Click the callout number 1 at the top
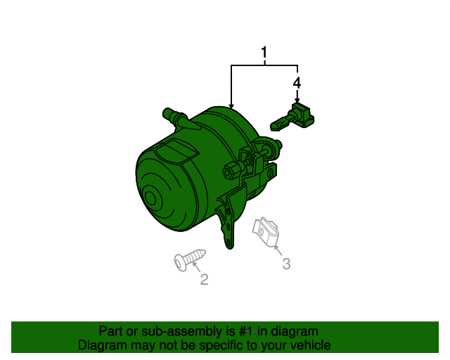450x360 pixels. pos(264,53)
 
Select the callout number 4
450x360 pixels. pos(297,83)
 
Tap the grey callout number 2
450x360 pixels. pos(204,280)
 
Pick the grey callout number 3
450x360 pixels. pos(286,264)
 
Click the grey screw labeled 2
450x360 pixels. pos(188,258)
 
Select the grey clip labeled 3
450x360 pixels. pos(266,231)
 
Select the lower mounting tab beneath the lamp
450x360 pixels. pos(228,225)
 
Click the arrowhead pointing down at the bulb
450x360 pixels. pos(297,101)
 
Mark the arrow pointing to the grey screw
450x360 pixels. pos(197,267)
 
